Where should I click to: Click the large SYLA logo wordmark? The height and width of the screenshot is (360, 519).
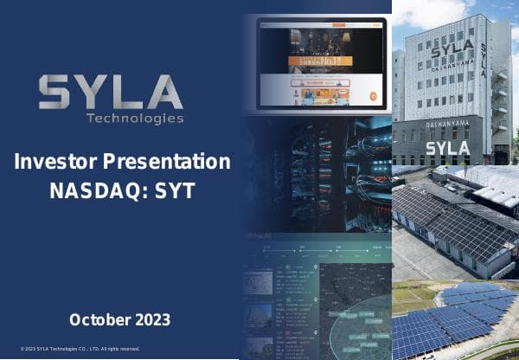tap(111, 92)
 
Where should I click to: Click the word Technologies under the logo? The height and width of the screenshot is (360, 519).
tap(134, 118)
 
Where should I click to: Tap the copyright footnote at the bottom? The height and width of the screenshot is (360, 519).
tap(80, 349)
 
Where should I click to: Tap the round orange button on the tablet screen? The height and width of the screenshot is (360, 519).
tap(373, 96)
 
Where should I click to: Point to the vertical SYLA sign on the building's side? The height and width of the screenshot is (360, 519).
tap(483, 60)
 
